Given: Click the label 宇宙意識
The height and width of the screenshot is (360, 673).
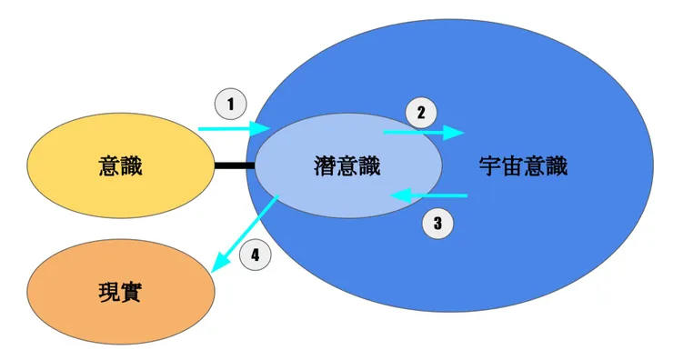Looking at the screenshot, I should [x=522, y=167].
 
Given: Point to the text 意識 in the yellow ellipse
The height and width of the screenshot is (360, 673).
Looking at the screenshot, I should [x=120, y=166].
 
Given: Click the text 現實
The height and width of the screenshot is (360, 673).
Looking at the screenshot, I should [x=120, y=293].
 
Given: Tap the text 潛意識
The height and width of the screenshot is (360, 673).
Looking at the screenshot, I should [x=346, y=167].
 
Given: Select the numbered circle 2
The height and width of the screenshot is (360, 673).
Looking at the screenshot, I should [x=420, y=113].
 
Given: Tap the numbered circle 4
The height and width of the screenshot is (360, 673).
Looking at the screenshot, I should [x=256, y=256].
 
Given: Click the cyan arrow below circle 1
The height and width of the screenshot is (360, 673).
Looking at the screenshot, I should [x=233, y=129].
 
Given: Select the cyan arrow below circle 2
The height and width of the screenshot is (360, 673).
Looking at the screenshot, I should [x=423, y=133].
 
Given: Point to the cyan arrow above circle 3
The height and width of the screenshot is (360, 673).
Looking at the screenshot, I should [x=427, y=195].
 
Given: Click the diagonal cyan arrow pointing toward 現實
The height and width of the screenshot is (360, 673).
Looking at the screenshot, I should [x=244, y=235].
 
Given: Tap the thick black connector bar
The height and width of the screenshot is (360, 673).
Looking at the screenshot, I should [x=234, y=166].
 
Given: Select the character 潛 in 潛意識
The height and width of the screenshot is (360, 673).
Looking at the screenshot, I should [x=324, y=167].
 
